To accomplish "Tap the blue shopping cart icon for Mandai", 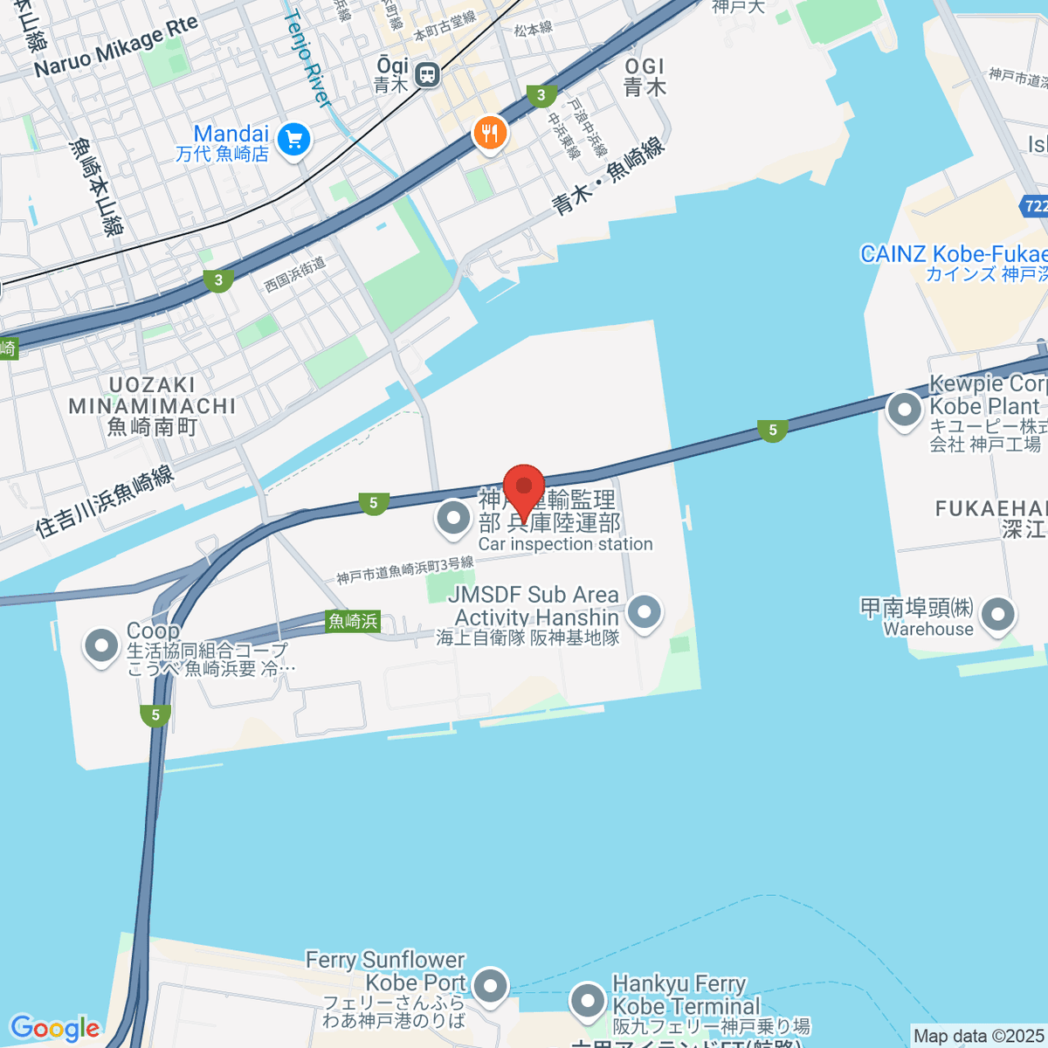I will pos(293,139).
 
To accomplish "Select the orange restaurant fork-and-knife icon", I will pos(490,133).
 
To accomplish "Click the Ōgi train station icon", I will pos(427,75).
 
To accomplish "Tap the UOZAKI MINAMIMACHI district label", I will pos(152,406).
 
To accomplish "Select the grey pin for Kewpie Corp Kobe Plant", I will pos(904,409).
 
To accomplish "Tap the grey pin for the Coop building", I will pos(101,646).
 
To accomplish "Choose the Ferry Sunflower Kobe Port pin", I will pos(490,987).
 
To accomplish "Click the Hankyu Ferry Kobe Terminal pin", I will pos(587,999).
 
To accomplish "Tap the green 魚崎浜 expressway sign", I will pos(353,621).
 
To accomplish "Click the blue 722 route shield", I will pos(1034,207).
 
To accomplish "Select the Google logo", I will pos(54,1028).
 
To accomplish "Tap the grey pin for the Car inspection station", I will pos(453,519).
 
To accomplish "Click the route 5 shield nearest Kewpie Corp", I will pos(772,430).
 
